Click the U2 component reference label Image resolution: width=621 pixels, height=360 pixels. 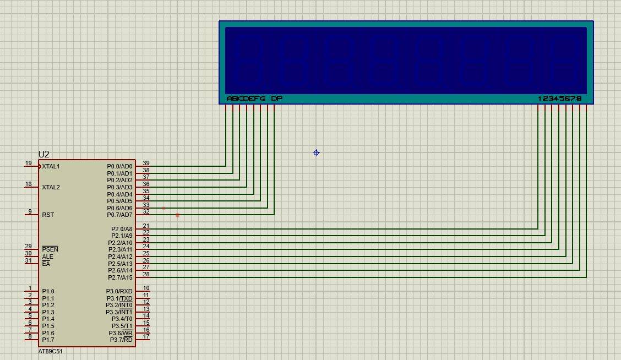(43, 155)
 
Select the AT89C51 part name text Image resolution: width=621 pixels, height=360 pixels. (50, 351)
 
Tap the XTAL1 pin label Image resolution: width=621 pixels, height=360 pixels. (51, 166)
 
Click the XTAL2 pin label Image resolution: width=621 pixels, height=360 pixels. (51, 187)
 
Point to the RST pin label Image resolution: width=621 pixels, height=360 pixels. (48, 215)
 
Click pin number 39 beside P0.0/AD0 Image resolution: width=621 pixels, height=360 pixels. (146, 163)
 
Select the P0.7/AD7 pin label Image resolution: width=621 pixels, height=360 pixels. (119, 215)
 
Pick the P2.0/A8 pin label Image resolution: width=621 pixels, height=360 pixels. (120, 229)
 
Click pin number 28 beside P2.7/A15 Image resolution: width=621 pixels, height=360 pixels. (146, 274)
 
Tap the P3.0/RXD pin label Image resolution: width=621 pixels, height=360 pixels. (119, 291)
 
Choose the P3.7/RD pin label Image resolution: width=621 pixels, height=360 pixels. (121, 340)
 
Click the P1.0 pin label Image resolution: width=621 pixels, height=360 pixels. (48, 291)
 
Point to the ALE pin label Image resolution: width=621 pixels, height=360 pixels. (47, 257)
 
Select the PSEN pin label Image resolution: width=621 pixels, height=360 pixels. (50, 249)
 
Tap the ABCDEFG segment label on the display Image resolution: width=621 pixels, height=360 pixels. (246, 99)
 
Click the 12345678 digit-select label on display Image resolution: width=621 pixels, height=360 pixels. (559, 99)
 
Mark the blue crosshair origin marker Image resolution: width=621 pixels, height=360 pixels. (317, 153)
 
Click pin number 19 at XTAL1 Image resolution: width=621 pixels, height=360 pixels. (29, 163)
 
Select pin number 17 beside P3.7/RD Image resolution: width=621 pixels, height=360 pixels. (146, 336)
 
